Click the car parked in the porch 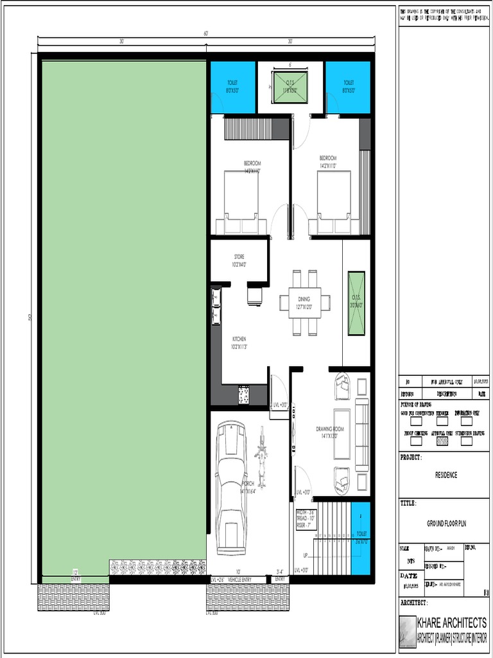pyautogui.click(x=231, y=487)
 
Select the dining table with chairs pyautogui.click(x=305, y=302)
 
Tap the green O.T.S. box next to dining pyautogui.click(x=356, y=303)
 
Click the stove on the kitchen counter pyautogui.click(x=244, y=395)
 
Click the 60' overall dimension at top pyautogui.click(x=206, y=33)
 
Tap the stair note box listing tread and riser pyautogui.click(x=306, y=519)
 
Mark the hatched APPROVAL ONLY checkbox pyautogui.click(x=442, y=441)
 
